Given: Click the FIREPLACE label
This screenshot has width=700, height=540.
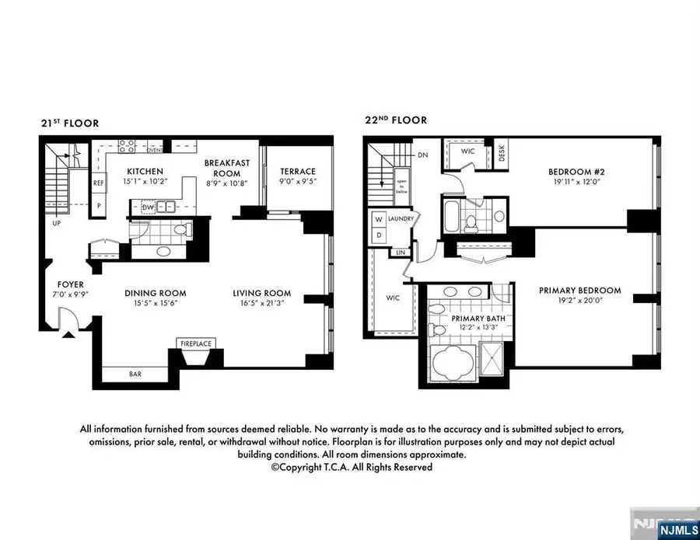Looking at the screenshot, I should pyautogui.click(x=196, y=343).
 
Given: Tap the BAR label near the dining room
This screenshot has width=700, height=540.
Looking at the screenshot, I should pyautogui.click(x=135, y=374).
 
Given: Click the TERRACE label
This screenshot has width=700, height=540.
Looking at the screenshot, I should pyautogui.click(x=298, y=171).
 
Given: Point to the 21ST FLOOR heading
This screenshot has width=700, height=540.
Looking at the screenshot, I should pyautogui.click(x=70, y=123).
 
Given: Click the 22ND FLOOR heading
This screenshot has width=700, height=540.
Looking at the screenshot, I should pyautogui.click(x=395, y=120).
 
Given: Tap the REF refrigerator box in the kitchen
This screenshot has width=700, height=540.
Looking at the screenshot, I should pyautogui.click(x=99, y=183).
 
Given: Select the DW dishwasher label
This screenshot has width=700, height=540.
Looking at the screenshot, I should pyautogui.click(x=147, y=207).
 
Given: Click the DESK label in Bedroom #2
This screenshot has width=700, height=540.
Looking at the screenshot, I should pyautogui.click(x=502, y=156).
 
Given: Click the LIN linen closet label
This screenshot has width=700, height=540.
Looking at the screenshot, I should pyautogui.click(x=401, y=253).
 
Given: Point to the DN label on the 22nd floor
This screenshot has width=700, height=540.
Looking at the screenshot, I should pyautogui.click(x=423, y=155).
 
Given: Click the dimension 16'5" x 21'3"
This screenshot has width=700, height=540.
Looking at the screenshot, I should pyautogui.click(x=261, y=304).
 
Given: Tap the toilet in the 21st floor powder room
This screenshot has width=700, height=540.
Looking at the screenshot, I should pyautogui.click(x=180, y=230).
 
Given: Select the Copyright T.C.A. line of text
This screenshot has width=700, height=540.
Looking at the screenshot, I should pyautogui.click(x=351, y=467).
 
